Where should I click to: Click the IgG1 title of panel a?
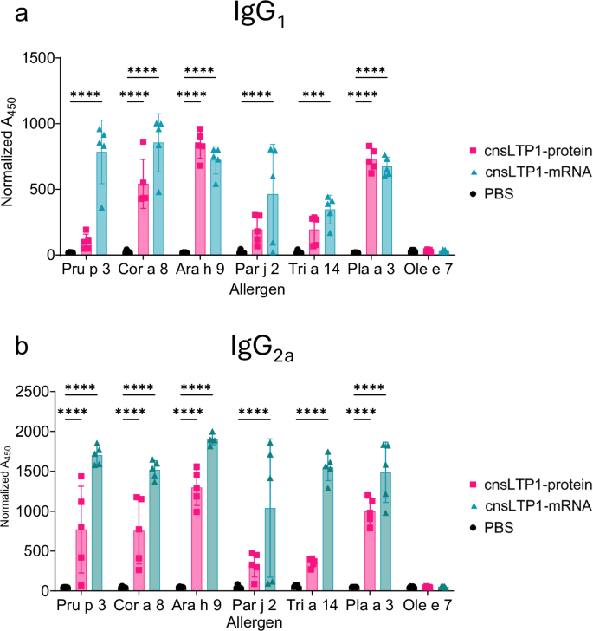[x=300, y=16]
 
